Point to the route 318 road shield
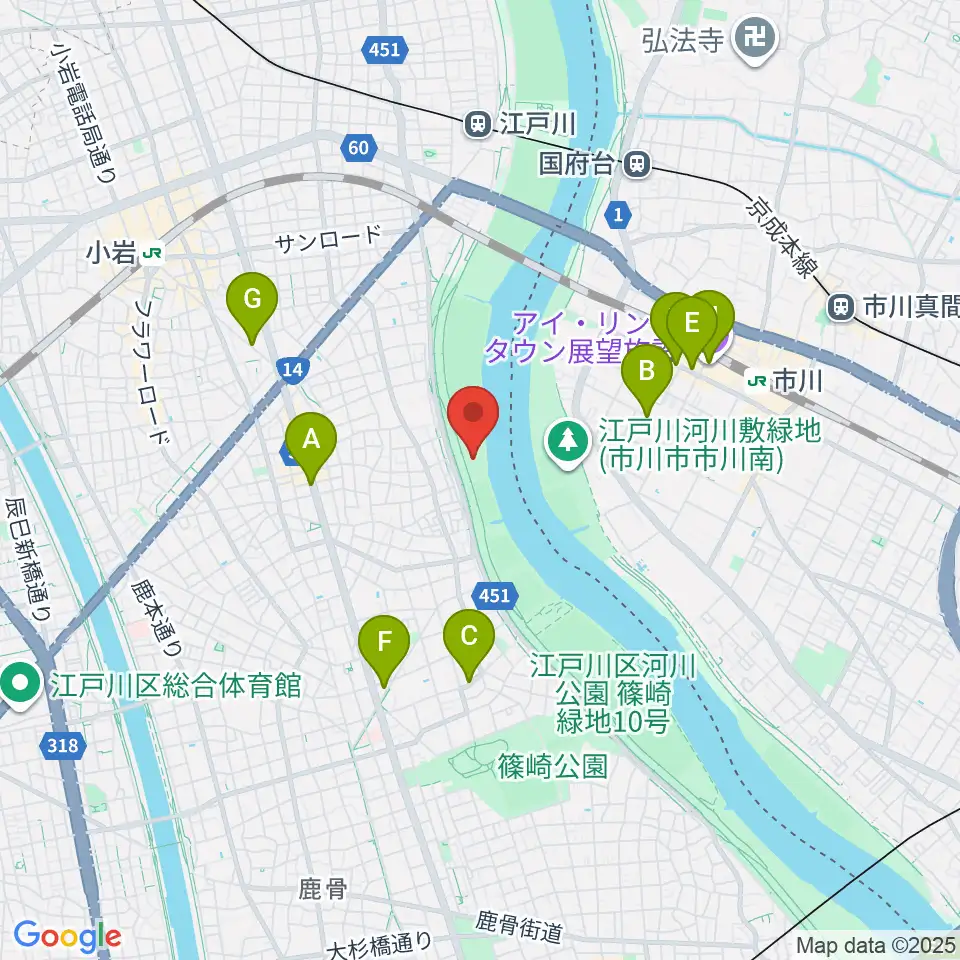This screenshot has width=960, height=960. click(x=62, y=744)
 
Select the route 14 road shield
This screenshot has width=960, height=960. click(x=291, y=371)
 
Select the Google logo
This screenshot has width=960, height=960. click(x=67, y=937)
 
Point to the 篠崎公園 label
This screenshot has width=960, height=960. click(x=551, y=767)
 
